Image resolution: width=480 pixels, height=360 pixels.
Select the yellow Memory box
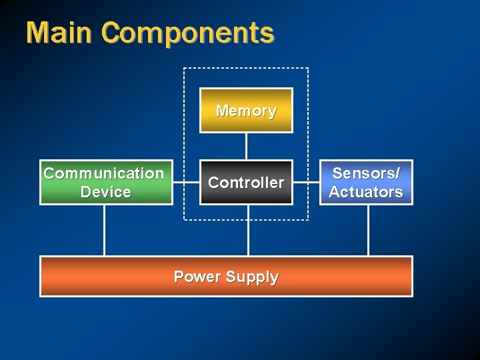[247, 111]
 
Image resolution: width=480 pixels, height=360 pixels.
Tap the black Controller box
[247, 182]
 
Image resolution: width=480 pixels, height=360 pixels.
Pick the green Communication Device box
[104, 182]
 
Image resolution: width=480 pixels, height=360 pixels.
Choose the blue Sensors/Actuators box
[367, 182]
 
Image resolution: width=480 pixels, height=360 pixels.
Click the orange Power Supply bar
[226, 276]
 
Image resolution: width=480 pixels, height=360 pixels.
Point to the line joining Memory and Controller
[247, 147]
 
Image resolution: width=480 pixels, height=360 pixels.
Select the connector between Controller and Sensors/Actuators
[308, 182]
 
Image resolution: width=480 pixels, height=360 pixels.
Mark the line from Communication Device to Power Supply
[104, 230]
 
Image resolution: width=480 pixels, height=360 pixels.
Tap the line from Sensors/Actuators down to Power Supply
[368, 230]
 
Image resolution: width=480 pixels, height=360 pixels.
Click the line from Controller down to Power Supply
[248, 230]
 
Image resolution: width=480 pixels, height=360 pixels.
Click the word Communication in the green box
[104, 173]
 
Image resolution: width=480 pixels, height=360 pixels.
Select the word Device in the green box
[105, 192]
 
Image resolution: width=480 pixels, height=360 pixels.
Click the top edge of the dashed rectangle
[247, 68]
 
